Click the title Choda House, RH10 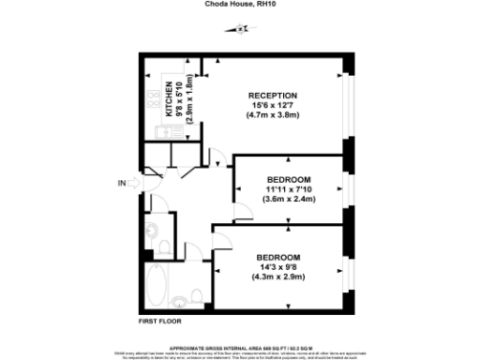(x=239, y=4)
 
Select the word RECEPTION (x=273, y=96)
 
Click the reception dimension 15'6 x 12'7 (x=273, y=106)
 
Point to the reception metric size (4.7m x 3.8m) (x=273, y=116)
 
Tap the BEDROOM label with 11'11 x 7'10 (x=288, y=179)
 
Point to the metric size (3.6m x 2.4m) (x=288, y=199)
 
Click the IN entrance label (x=122, y=183)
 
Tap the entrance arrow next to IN (x=135, y=183)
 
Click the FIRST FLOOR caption (x=158, y=322)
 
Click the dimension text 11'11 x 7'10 (x=288, y=188)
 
